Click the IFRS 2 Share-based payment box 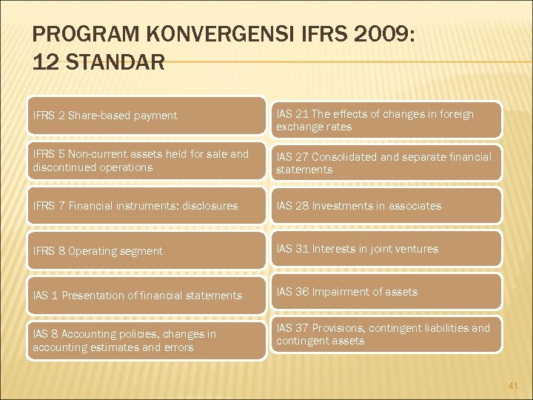coord(147,116)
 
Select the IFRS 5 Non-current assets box coord(147,161)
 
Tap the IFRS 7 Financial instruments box coord(147,206)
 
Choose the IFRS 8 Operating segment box coord(147,250)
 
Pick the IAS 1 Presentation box coord(147,295)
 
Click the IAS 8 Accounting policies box coord(147,340)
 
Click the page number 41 coord(514,385)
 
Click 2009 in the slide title coord(383,34)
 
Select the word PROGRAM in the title coord(73,34)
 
